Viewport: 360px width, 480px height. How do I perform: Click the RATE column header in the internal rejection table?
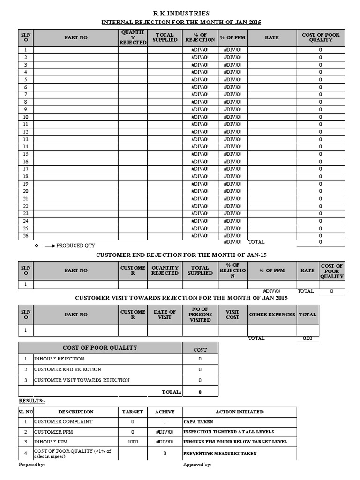pos(271,37)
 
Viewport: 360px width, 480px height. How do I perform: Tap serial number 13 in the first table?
pos(26,139)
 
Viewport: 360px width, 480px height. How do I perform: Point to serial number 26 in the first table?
pos(26,236)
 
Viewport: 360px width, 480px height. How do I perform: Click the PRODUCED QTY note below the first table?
pos(75,246)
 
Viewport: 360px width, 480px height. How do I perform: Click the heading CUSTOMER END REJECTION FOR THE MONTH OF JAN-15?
pos(181,255)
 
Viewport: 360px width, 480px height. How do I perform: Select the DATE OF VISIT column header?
pos(165,315)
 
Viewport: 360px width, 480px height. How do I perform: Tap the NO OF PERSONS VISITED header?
pos(200,315)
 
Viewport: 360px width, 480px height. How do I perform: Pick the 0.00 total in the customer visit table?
pos(307,338)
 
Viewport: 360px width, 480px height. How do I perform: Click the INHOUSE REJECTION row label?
pos(60,359)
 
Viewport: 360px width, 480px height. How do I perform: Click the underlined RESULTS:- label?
pos(32,401)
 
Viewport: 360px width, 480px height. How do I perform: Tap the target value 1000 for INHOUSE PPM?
pos(133,442)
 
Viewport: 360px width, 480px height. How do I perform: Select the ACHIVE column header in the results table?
pos(165,412)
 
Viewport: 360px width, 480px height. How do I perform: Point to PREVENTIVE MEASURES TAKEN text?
pos(220,453)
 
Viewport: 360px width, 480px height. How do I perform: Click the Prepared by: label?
pos(32,465)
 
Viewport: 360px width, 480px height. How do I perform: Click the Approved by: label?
pos(197,465)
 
